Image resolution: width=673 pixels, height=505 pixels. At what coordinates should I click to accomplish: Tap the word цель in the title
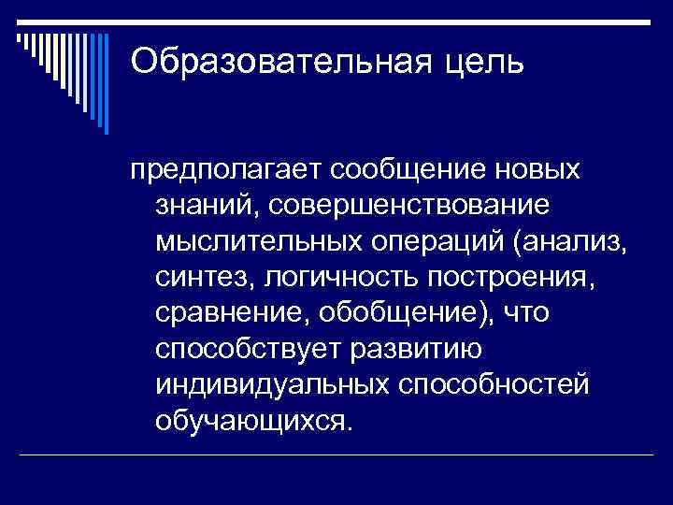pyautogui.click(x=491, y=62)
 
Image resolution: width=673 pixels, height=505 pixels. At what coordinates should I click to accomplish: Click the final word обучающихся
pyautogui.click(x=255, y=418)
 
